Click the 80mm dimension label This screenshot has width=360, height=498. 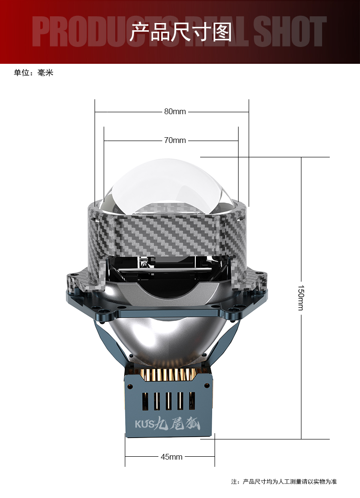pyautogui.click(x=175, y=112)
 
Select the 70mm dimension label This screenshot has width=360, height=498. pyautogui.click(x=175, y=141)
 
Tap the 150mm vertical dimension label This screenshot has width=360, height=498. pyautogui.click(x=301, y=297)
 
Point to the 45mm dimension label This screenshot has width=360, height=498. pyautogui.click(x=171, y=457)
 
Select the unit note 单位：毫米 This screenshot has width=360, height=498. pyautogui.click(x=34, y=73)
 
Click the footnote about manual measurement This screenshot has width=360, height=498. pyautogui.click(x=284, y=482)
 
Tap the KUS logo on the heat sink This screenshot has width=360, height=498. pyautogui.click(x=144, y=424)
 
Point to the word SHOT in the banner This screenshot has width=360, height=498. pyautogui.click(x=290, y=32)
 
